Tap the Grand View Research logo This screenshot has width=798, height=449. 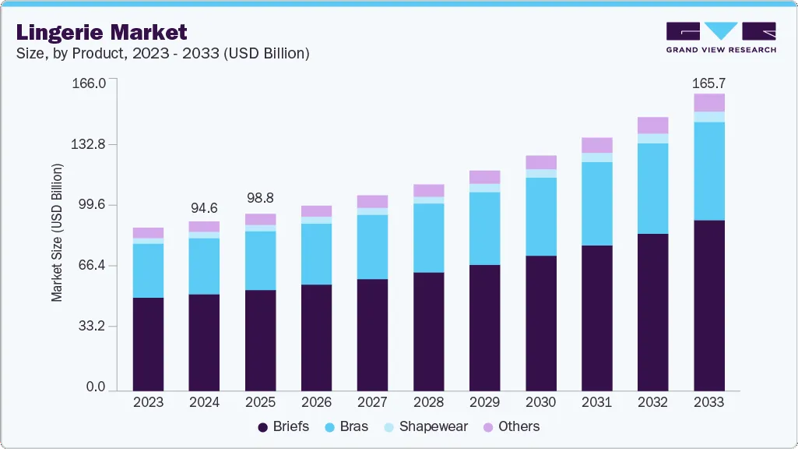coord(721,37)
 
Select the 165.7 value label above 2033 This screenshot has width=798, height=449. coord(708,83)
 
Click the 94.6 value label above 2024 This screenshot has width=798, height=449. coord(204,208)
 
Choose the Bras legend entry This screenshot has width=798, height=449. coord(350,426)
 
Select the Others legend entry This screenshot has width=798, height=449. coord(511,426)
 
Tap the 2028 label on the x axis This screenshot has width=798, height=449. coord(428,403)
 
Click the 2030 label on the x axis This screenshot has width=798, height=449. coord(540,403)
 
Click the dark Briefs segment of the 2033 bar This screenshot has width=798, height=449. coord(709,305)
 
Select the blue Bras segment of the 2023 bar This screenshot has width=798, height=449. coord(148,270)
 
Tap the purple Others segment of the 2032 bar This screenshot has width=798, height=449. coord(652,126)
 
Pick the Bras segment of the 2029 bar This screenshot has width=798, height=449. coord(484,228)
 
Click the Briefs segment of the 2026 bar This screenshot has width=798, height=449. coord(316,337)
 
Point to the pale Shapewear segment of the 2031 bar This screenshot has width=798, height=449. coord(596,157)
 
